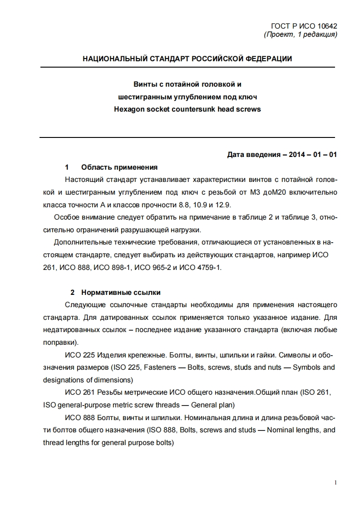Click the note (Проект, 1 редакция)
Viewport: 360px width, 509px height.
coord(300,34)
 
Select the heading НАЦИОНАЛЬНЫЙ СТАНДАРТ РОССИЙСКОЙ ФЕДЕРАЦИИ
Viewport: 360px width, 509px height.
coord(187,59)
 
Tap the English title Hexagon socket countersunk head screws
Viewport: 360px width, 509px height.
coord(187,109)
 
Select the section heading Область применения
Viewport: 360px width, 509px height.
coord(119,167)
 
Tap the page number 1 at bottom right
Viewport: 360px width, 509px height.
coord(335,483)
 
